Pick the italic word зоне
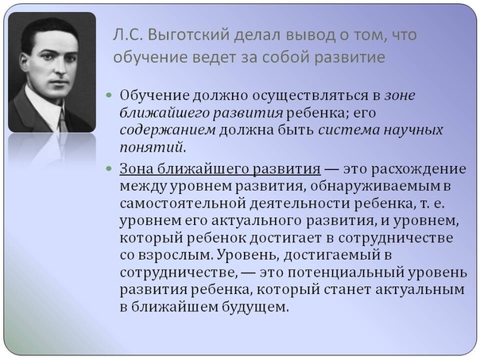click(400, 96)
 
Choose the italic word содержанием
click(168, 130)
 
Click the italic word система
click(349, 130)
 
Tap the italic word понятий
click(152, 148)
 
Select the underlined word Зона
click(136, 168)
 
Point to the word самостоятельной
click(179, 203)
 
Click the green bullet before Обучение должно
click(109, 95)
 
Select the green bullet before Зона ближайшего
click(109, 168)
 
